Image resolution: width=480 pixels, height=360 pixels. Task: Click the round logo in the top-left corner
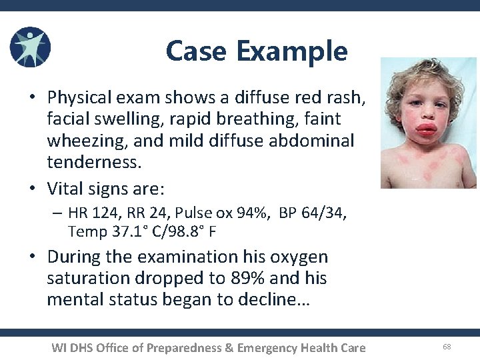(30, 47)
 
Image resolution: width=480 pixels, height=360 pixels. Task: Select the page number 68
(446, 347)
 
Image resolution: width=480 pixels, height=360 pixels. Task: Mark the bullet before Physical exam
(32, 98)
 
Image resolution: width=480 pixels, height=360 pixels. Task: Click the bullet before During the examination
(32, 257)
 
